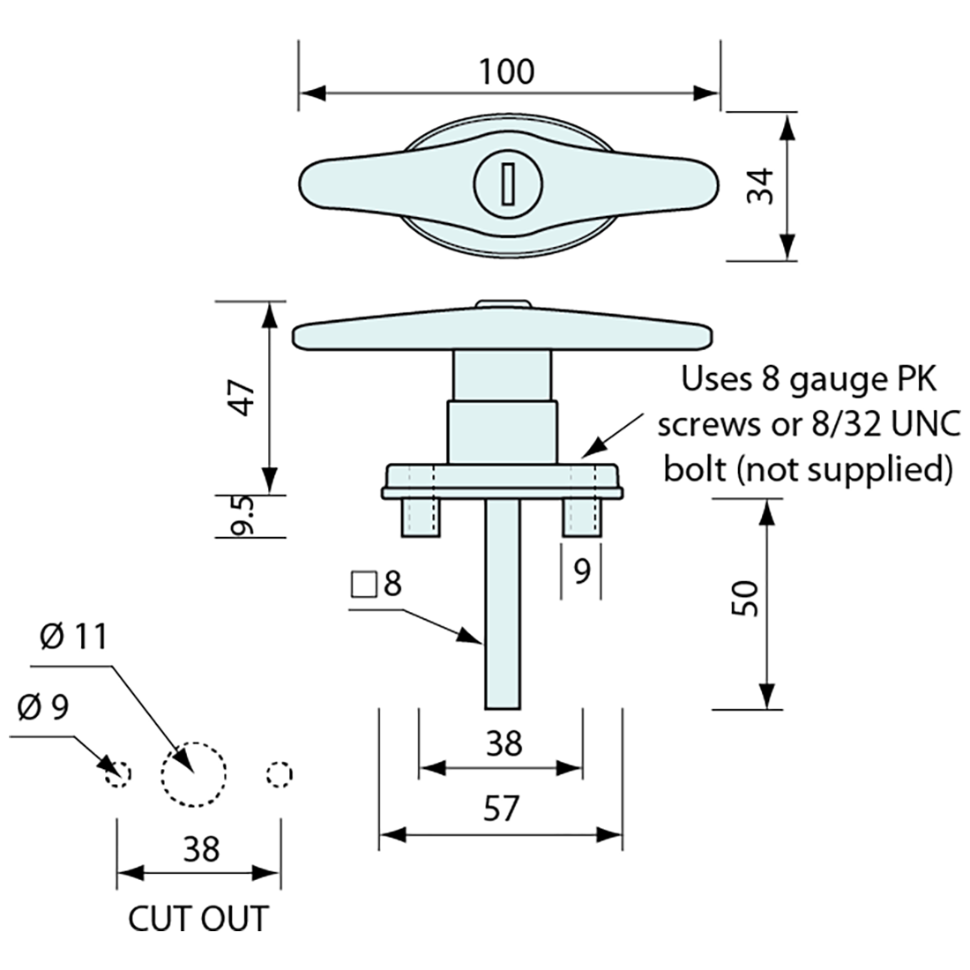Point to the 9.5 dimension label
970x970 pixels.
point(244,515)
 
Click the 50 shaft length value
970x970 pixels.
point(745,600)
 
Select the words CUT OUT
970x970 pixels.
point(197,919)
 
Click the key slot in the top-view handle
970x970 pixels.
point(509,183)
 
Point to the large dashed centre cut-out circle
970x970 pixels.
point(194,773)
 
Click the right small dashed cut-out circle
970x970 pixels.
point(279,774)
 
